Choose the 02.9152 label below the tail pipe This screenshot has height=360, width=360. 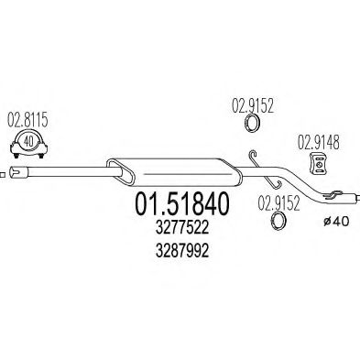(x=277, y=203)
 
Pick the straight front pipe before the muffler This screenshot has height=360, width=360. (x=64, y=170)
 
